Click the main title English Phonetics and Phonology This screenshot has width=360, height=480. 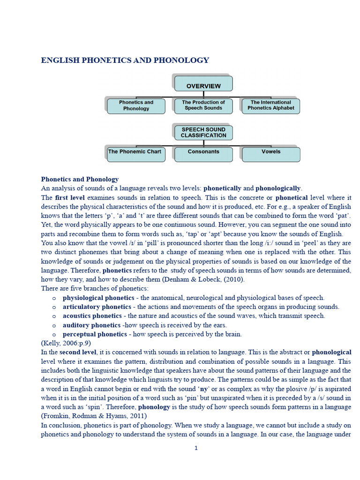point(125,60)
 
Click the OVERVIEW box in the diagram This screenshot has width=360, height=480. point(203,86)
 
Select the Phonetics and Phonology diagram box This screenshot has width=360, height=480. point(136,105)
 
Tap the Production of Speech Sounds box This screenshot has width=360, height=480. point(203,105)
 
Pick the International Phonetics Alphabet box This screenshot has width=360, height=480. point(271,105)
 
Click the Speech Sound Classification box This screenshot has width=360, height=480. point(203,133)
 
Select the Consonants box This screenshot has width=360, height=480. point(203,152)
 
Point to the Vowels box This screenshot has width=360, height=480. point(271,152)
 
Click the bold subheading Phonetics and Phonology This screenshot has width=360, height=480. point(80,179)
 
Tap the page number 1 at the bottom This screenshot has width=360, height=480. point(196,448)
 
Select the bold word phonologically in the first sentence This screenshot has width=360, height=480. point(278,188)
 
